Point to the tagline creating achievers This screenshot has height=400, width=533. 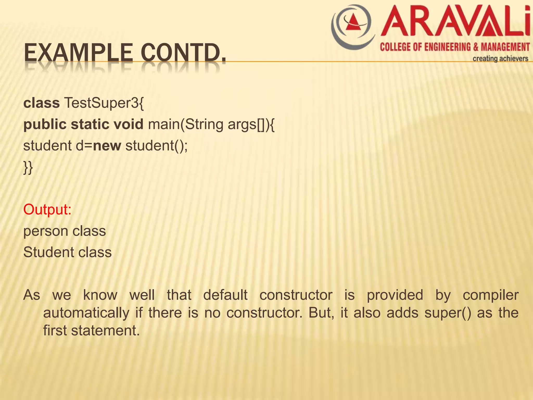tap(500, 59)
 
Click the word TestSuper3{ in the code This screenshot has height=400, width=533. tap(104, 103)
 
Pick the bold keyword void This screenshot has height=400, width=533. tap(128, 124)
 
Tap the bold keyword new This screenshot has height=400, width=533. tap(107, 146)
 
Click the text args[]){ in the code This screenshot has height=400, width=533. tap(251, 124)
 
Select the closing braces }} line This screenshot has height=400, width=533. tap(28, 167)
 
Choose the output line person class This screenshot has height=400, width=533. tap(65, 231)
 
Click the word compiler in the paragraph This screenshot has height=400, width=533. tap(491, 295)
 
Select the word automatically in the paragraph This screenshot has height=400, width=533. tap(86, 313)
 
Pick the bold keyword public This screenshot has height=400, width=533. tap(45, 124)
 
